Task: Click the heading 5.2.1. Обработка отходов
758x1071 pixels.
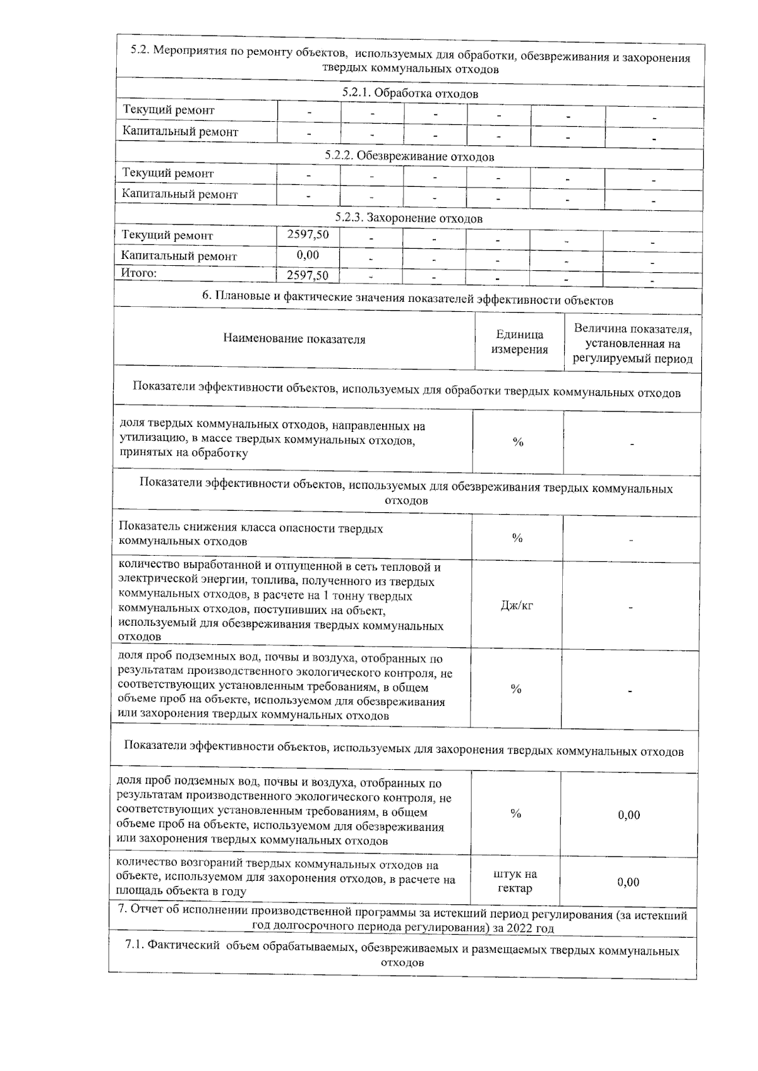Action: click(410, 93)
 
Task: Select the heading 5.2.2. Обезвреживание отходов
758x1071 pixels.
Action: click(410, 156)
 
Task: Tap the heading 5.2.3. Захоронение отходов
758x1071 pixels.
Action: click(409, 218)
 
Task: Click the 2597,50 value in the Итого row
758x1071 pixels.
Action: click(308, 275)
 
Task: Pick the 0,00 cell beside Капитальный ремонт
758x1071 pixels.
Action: click(308, 255)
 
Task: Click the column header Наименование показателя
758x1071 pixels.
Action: click(294, 339)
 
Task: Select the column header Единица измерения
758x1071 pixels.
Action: click(519, 342)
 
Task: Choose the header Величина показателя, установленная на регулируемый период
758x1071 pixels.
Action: click(632, 344)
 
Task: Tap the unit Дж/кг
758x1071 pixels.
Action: click(517, 606)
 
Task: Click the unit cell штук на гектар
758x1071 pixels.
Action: click(515, 881)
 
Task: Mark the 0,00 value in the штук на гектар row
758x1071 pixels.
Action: click(629, 882)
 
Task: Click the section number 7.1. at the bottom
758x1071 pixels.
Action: click(138, 950)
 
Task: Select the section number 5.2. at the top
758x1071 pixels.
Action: click(141, 51)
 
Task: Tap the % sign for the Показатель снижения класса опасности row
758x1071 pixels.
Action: click(517, 538)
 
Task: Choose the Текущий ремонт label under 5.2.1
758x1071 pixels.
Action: click(169, 111)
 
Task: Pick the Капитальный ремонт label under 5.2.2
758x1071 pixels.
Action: click(180, 194)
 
